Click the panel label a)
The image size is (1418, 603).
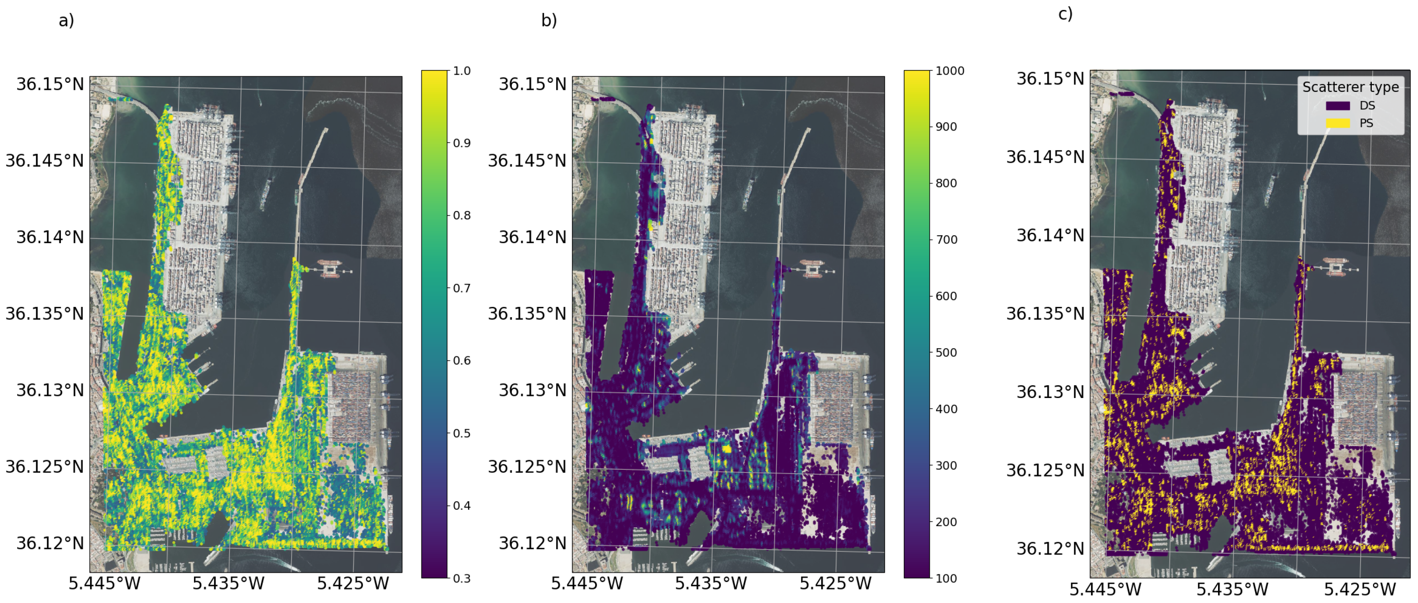point(66,20)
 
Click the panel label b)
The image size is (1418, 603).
point(549,20)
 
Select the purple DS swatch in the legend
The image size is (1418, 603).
point(1337,105)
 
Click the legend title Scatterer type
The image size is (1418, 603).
point(1350,87)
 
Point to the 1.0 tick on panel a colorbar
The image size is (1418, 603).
point(461,71)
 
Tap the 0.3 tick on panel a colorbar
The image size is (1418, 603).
point(461,578)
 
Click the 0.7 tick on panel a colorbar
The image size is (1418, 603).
point(461,288)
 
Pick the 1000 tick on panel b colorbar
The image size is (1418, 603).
point(950,71)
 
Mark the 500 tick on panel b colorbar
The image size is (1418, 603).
point(946,353)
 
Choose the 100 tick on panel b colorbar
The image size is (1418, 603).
point(946,578)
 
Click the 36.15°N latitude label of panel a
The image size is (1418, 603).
point(50,84)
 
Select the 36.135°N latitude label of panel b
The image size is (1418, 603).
point(527,314)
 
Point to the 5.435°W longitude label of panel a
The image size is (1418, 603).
point(229,584)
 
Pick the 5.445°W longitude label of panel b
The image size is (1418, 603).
point(587,584)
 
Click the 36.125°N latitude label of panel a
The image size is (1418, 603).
point(45,466)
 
